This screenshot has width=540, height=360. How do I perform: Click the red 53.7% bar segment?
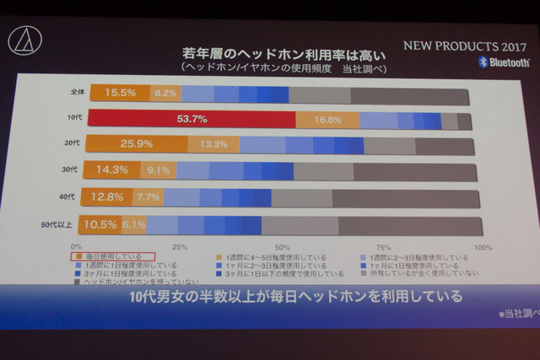[192, 119]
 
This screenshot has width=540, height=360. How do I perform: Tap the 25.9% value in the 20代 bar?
[125, 144]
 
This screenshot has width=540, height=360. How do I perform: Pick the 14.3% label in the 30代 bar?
[113, 169]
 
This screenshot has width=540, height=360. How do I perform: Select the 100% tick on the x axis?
[483, 248]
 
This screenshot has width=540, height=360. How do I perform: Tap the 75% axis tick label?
[382, 248]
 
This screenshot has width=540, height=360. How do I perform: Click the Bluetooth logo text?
[503, 62]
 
